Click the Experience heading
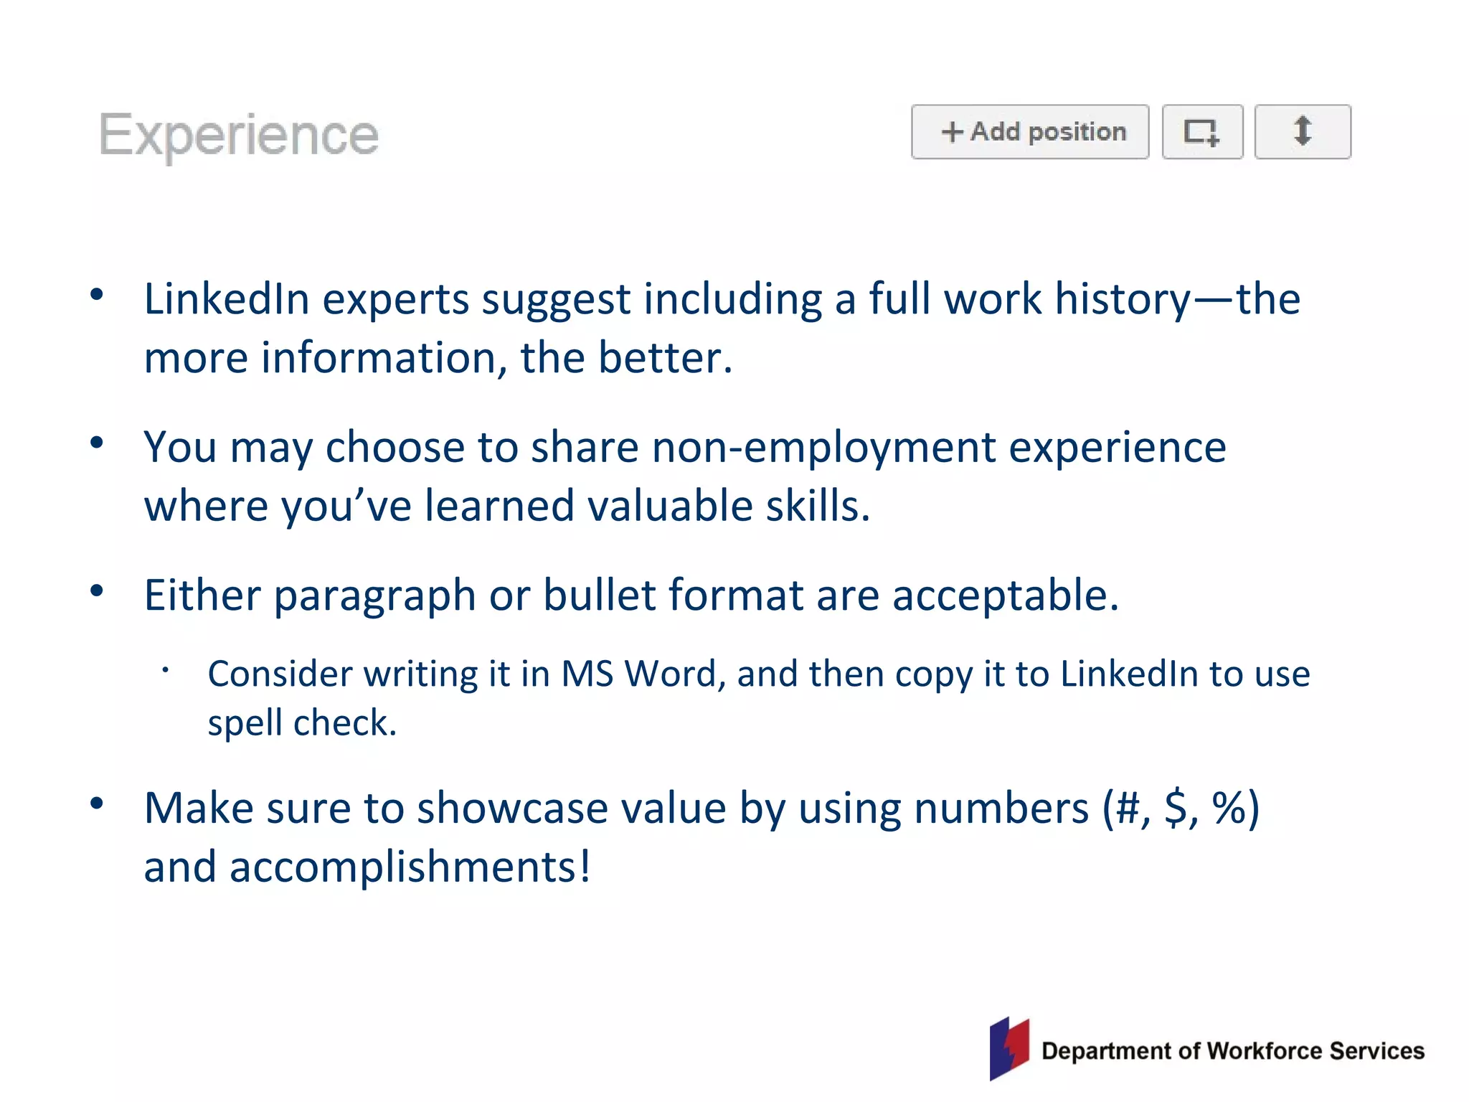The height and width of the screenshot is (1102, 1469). tap(238, 135)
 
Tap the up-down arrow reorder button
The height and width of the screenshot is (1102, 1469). tap(1302, 131)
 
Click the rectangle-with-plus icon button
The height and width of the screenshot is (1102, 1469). tap(1201, 132)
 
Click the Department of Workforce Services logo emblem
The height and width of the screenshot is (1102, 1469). tap(1009, 1048)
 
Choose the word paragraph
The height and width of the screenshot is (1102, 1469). tap(374, 595)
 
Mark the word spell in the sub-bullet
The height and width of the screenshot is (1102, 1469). tap(244, 722)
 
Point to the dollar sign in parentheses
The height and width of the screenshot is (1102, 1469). tap(1176, 808)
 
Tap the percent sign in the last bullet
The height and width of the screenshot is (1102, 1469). tap(1228, 808)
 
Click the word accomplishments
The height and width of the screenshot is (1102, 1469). tap(409, 867)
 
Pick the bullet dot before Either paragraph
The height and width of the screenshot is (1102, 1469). tap(97, 591)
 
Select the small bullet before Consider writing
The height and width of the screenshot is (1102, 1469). tap(165, 671)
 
